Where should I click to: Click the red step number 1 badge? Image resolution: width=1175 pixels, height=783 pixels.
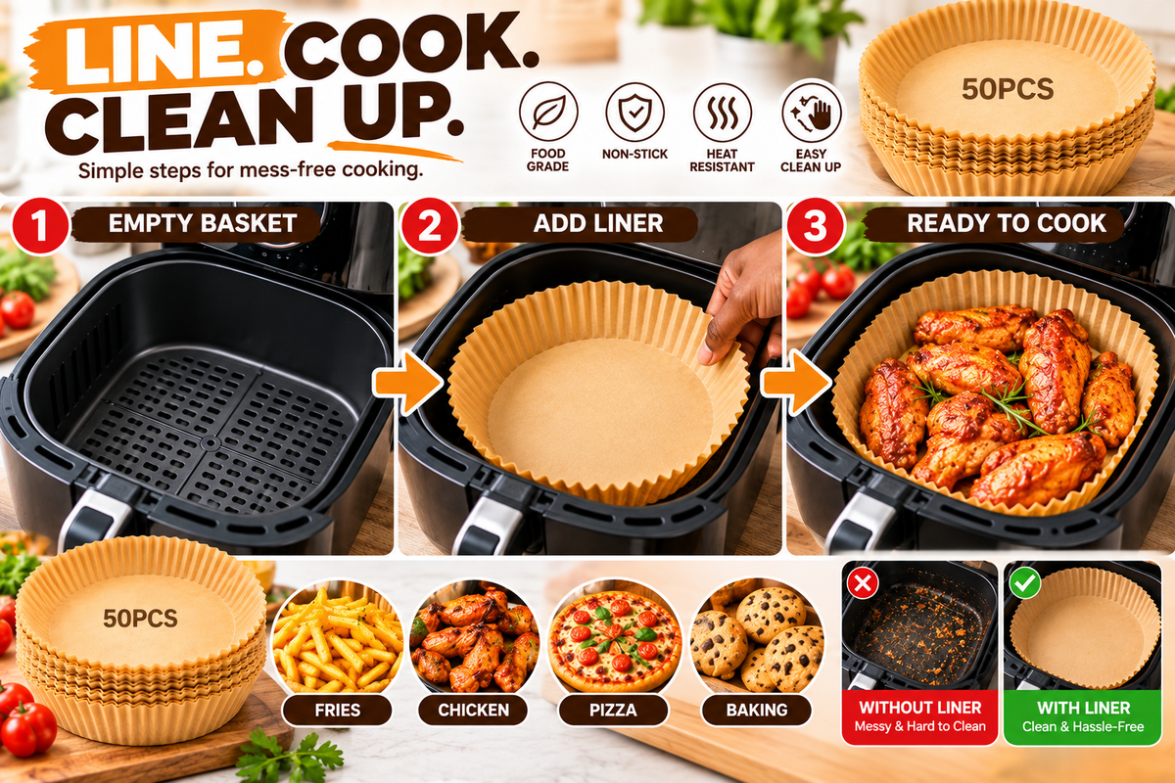40,225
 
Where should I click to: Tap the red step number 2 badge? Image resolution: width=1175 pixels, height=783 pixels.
430,225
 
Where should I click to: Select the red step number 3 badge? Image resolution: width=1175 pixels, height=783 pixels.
816,225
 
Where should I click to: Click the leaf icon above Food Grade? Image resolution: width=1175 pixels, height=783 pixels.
548,112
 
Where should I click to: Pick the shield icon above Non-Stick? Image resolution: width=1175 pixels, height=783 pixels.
634,112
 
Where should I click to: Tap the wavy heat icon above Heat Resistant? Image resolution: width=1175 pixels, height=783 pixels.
723,112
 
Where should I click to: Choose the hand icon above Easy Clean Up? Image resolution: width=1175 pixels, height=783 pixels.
811,112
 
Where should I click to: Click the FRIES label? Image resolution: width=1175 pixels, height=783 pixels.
337,710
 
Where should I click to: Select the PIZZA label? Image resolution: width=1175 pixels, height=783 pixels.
613,710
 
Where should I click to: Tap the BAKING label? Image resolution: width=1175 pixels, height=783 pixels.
756,710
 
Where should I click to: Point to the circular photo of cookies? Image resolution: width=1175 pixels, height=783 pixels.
756,639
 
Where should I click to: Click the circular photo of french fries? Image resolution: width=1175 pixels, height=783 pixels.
337,639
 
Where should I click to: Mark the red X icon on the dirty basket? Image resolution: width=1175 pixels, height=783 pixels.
863,582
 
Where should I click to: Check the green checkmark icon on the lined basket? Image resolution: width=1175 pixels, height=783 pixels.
1025,582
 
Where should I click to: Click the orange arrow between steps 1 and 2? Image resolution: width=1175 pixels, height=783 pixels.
407,383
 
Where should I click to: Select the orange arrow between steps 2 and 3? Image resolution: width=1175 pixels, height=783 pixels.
795,383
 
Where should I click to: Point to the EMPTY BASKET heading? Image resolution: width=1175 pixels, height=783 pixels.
203,223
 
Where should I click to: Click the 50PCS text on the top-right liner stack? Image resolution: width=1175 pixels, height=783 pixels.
1008,89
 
